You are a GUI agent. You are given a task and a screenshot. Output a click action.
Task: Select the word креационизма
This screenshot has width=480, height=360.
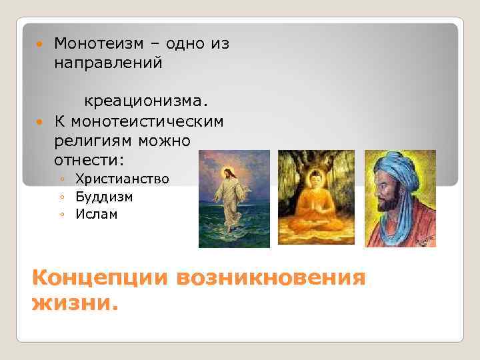[x=145, y=101]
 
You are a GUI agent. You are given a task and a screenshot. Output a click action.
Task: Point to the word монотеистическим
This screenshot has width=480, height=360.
[x=148, y=122]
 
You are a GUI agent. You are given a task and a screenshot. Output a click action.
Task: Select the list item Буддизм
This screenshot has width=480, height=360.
[x=104, y=197]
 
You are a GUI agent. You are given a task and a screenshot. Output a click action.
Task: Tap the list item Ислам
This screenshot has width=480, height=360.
[x=96, y=215]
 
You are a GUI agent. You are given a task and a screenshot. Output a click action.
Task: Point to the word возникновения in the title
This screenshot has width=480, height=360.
[x=271, y=277]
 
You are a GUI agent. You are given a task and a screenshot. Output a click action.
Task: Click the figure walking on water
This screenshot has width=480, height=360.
[x=233, y=193]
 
